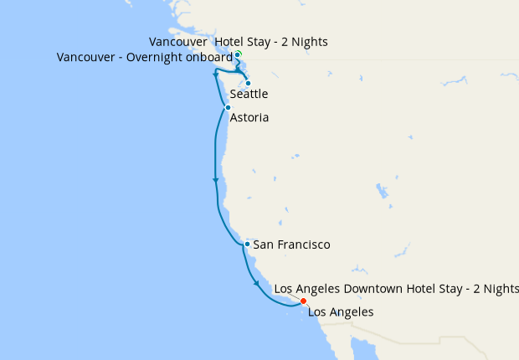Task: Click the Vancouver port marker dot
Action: pos(238,54)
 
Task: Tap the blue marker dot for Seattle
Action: pos(248,83)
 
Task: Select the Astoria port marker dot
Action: pos(228,107)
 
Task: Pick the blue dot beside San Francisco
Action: pos(247,244)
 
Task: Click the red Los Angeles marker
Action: pos(303,301)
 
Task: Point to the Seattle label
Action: pos(249,94)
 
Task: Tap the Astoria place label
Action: pos(249,118)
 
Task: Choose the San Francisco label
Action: pos(291,244)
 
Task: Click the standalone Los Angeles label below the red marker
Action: pos(341,312)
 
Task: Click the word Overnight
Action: pos(155,58)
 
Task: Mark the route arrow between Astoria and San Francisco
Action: pos(216,180)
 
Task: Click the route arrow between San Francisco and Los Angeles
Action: pos(256,284)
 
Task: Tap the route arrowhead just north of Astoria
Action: pos(216,75)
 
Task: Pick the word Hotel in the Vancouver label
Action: pos(231,41)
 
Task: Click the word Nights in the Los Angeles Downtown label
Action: pos(501,289)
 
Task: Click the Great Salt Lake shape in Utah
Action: pos(382,190)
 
